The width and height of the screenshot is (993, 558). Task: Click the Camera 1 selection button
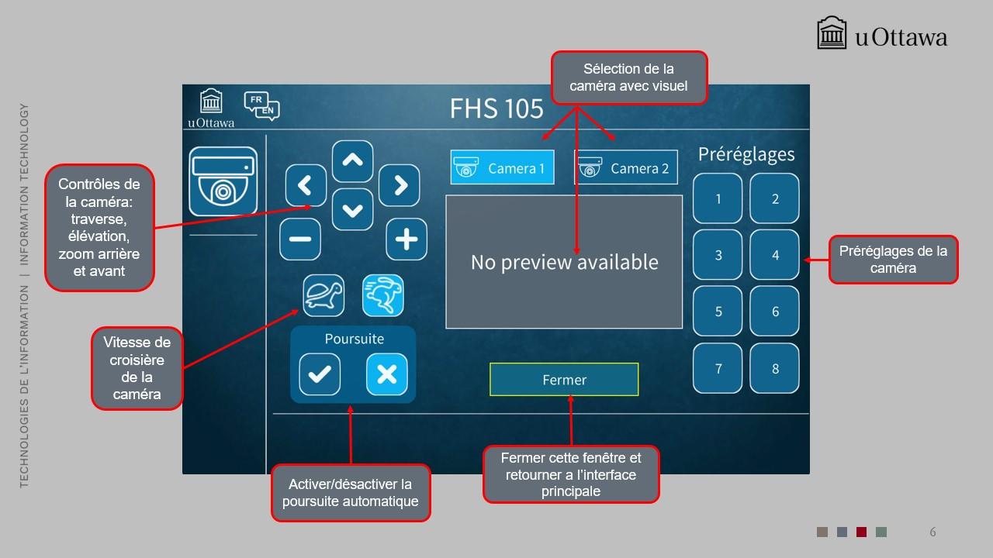(502, 167)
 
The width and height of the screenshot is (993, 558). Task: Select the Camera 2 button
(626, 167)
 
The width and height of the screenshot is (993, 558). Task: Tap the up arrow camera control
(352, 161)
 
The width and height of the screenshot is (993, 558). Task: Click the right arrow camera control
(400, 185)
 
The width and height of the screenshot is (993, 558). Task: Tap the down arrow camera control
(352, 209)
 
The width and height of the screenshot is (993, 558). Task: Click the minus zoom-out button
(300, 239)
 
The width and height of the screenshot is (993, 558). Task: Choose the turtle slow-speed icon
(324, 295)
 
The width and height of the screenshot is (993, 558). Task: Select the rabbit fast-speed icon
(383, 295)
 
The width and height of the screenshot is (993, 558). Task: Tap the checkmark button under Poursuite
(320, 374)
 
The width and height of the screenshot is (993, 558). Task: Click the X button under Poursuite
(387, 374)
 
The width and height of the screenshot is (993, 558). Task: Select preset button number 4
(774, 255)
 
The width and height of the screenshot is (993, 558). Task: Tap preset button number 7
(718, 368)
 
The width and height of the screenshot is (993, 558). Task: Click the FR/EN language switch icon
(261, 106)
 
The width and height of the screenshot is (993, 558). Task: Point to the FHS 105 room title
(496, 108)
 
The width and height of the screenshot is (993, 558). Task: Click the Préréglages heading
(746, 154)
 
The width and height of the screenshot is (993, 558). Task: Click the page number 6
(932, 532)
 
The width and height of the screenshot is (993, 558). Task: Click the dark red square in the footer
(861, 532)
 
